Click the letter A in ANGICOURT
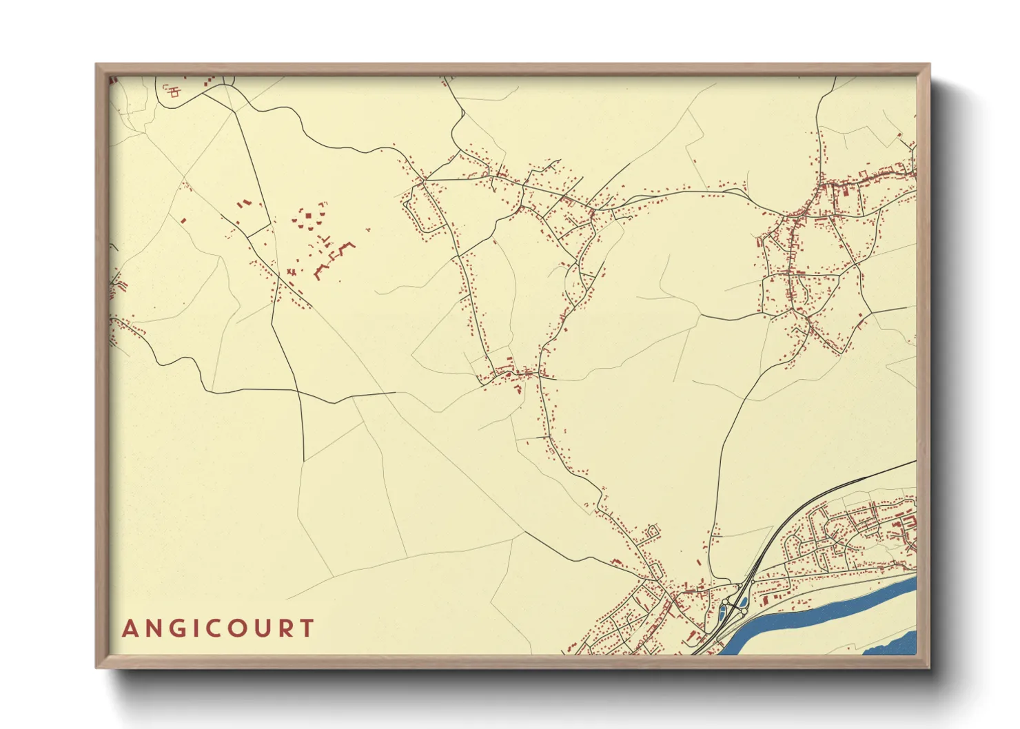pos(130,628)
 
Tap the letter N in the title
pos(153,628)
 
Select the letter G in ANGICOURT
pos(176,628)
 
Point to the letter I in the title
pos(194,628)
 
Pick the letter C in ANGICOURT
pos(211,628)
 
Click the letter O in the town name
pos(235,628)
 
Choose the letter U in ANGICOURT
pos(261,628)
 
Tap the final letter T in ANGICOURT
pos(306,628)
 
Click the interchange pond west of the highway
pos(724,610)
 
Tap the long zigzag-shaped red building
pos(334,259)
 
